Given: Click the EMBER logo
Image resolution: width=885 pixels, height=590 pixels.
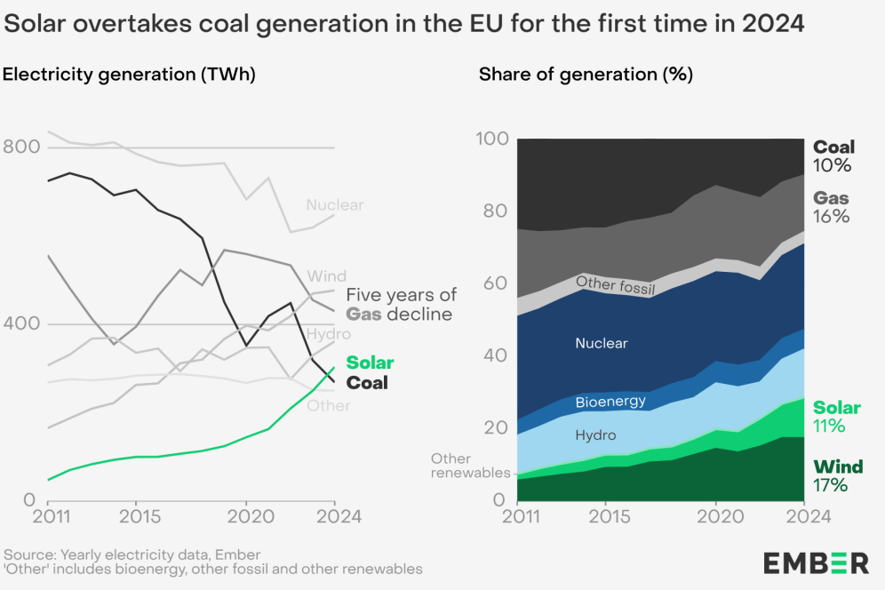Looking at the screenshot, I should point(816,562).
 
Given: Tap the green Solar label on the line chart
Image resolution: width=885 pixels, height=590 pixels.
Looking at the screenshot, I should point(370,363).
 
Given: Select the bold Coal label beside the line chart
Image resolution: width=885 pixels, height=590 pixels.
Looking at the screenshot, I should point(367,384).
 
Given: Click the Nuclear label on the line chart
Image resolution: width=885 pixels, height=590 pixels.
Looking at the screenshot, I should point(335,205).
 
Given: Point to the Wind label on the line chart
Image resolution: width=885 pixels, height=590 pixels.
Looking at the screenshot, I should point(327,276).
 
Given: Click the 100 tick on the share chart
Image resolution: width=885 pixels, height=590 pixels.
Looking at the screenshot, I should point(492,140).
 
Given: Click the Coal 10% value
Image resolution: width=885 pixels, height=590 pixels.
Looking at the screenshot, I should point(833,166).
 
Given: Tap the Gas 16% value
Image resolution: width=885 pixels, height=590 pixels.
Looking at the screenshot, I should point(833,217).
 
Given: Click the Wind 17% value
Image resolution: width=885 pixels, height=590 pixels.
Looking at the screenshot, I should point(830,485).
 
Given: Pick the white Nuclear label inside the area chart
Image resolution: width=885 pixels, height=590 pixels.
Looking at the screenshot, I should point(601,343).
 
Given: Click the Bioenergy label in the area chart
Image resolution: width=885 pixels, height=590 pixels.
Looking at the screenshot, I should point(610,402).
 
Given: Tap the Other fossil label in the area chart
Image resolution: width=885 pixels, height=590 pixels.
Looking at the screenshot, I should point(615,285).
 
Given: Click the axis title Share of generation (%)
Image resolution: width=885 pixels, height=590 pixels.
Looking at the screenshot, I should point(586,75).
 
